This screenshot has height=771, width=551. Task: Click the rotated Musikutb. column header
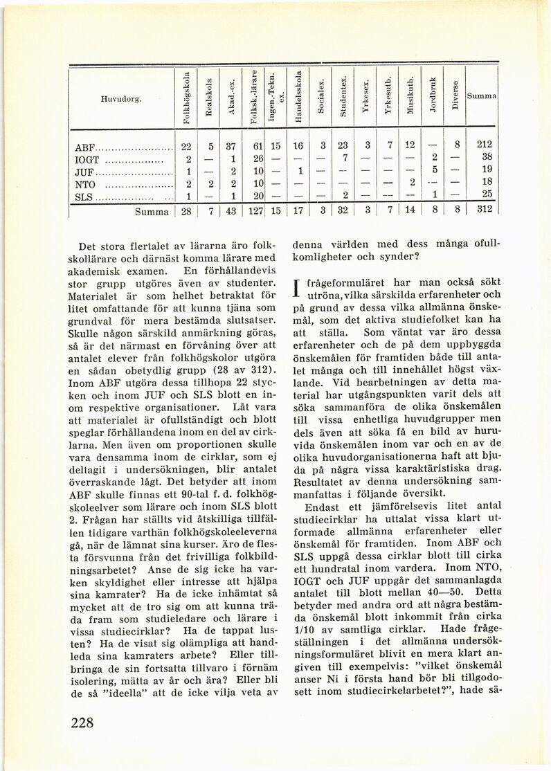click(409, 99)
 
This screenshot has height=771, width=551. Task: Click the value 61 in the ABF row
click(256, 146)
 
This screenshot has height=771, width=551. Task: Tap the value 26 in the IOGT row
click(256, 158)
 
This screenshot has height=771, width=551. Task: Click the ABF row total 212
click(484, 146)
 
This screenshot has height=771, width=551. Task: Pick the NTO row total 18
click(484, 183)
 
